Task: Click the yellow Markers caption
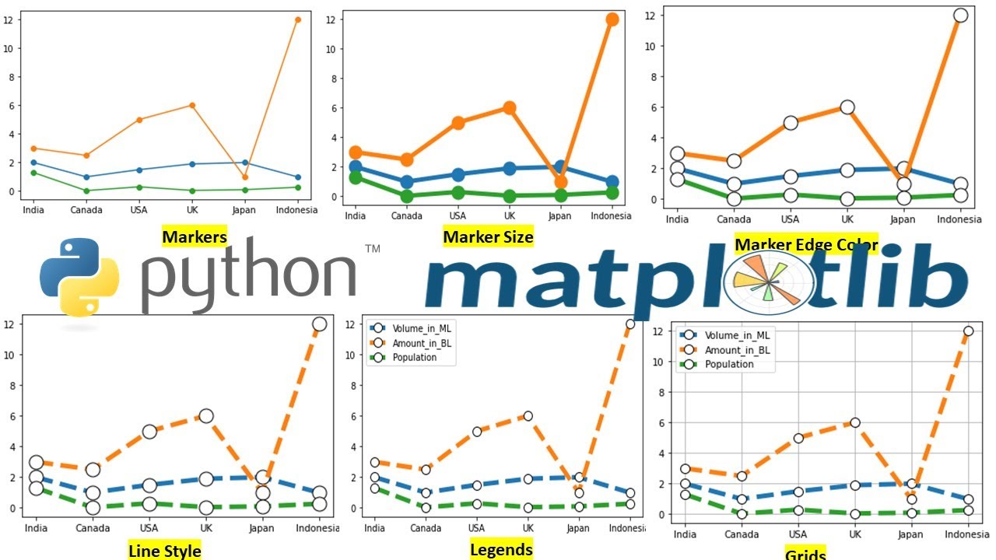pos(195,236)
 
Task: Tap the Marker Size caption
pos(488,236)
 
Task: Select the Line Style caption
pos(164,551)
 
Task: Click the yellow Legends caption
pos(501,549)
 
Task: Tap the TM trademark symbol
pos(372,249)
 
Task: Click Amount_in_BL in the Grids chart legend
pos(738,350)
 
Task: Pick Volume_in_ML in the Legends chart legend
pos(421,328)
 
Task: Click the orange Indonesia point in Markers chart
pos(297,19)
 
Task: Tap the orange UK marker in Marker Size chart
pos(509,108)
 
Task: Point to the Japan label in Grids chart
pos(910,534)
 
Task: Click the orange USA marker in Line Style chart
pos(149,432)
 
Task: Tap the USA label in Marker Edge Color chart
pos(790,219)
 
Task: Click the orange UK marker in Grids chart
pos(854,422)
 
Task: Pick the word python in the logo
pos(247,276)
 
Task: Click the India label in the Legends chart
pos(374,529)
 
